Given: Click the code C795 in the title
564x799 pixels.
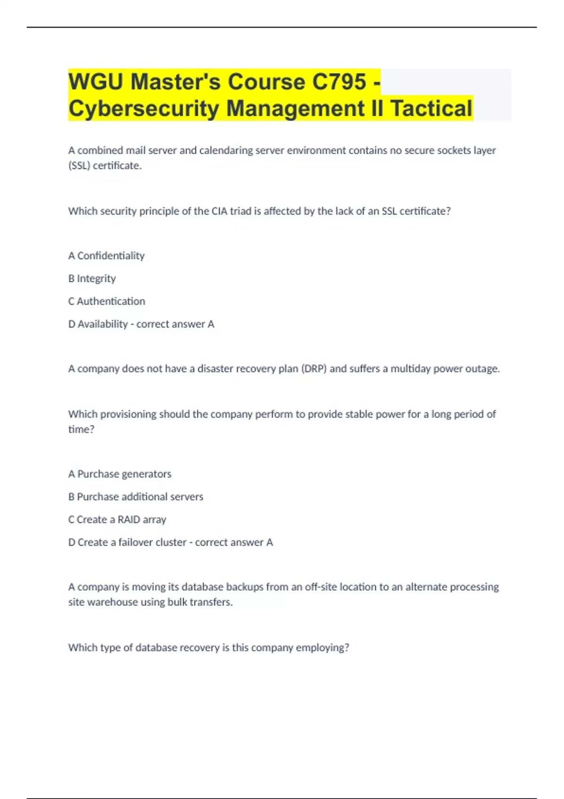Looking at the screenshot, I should [339, 82].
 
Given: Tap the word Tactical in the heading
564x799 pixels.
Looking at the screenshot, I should [431, 109].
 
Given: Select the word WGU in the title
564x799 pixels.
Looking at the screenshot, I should [96, 82].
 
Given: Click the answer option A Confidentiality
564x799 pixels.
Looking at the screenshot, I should [106, 256].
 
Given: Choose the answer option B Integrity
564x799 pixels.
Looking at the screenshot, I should [92, 278].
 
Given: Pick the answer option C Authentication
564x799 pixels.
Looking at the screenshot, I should [107, 301].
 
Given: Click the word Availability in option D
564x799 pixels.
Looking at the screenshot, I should [102, 324].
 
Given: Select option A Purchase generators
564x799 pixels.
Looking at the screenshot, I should [120, 474].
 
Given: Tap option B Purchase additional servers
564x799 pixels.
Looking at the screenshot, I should [136, 497].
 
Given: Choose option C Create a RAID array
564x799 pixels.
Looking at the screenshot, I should [117, 519].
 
